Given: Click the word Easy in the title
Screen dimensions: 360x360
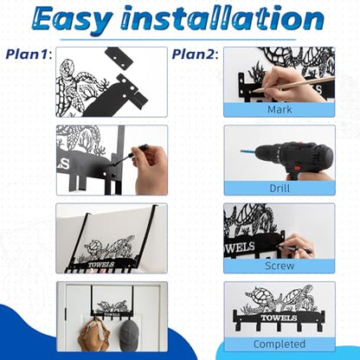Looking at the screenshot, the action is tap(71, 20).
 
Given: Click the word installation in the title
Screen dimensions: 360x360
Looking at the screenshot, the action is tap(222, 18).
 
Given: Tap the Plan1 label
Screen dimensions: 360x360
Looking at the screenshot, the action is tap(29, 54).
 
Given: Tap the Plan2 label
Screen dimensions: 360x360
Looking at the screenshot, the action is tap(195, 54).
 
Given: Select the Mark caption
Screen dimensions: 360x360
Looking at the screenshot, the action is tap(280, 110).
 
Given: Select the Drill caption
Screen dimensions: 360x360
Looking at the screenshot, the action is tap(280, 188).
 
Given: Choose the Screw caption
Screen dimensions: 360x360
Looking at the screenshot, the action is tap(280, 266).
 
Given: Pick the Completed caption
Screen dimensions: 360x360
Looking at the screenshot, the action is tap(280, 344).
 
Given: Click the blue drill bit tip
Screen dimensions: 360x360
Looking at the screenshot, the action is tap(241, 151).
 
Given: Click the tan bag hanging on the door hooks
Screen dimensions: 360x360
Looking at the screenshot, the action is tap(94, 335).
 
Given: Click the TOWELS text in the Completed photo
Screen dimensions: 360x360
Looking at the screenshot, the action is tap(275, 318).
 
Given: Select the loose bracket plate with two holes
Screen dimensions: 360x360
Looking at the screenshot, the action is tap(119, 57).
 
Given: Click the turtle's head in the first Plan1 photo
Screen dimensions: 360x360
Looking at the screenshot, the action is tap(67, 67).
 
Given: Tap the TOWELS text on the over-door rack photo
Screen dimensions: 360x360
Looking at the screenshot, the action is tap(101, 265).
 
